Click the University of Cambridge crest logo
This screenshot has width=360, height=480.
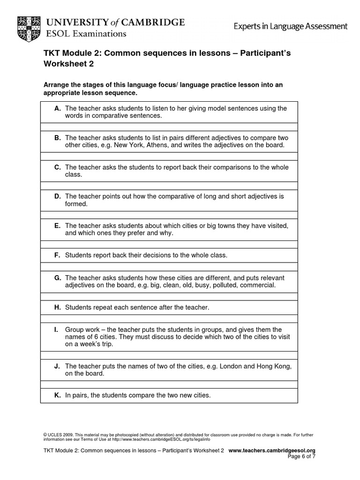click(x=29, y=28)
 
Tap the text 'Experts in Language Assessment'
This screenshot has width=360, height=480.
click(x=291, y=26)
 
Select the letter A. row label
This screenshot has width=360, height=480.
click(x=58, y=108)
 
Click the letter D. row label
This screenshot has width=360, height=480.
click(x=58, y=196)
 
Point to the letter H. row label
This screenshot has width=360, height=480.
click(x=58, y=307)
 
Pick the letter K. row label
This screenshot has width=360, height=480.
click(x=58, y=396)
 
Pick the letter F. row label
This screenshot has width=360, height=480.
click(x=58, y=255)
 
